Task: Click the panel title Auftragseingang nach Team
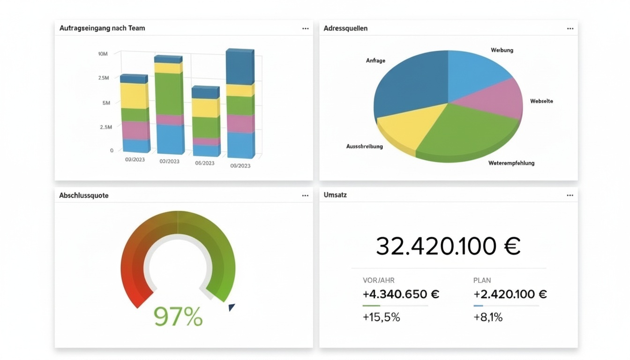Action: pyautogui.click(x=102, y=28)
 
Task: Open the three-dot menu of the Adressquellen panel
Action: pyautogui.click(x=570, y=29)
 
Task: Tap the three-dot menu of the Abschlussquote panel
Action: pyautogui.click(x=305, y=195)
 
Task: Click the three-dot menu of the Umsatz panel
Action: pyautogui.click(x=570, y=195)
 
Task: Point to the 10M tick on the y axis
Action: pyautogui.click(x=103, y=54)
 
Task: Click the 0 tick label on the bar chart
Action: pyautogui.click(x=112, y=150)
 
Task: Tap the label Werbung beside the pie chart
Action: pyautogui.click(x=502, y=50)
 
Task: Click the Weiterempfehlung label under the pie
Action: pyautogui.click(x=511, y=163)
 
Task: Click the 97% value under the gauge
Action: pyautogui.click(x=178, y=317)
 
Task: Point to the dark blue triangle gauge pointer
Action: pyautogui.click(x=231, y=307)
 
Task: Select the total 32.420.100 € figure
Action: pyautogui.click(x=448, y=246)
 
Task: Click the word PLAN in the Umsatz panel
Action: pyautogui.click(x=482, y=280)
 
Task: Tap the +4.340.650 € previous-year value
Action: pyautogui.click(x=401, y=294)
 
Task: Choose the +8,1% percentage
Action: pyautogui.click(x=488, y=317)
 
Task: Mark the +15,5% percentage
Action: pyautogui.click(x=381, y=317)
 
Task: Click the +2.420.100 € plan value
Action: pyautogui.click(x=510, y=294)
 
